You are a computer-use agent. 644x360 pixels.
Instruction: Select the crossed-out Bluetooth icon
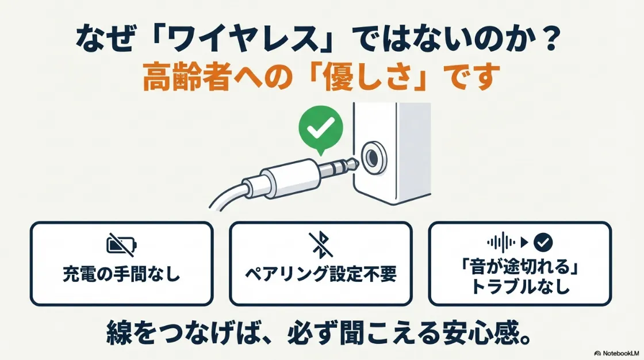[320, 244]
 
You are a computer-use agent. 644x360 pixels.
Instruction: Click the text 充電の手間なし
[121, 274]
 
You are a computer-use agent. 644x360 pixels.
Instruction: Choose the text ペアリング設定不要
[320, 274]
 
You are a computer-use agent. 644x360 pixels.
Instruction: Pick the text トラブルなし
[520, 287]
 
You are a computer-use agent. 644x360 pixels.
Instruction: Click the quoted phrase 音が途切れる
[520, 268]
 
